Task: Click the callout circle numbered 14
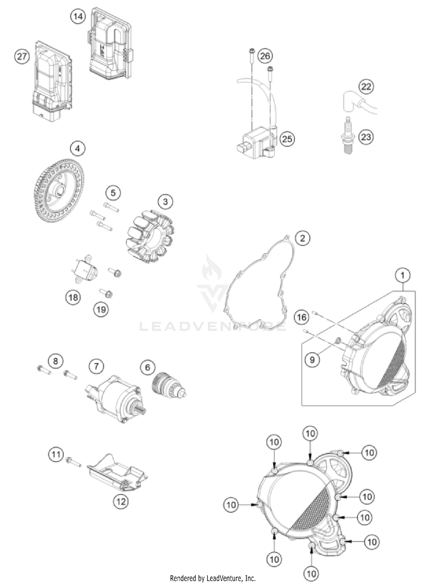[x=78, y=17]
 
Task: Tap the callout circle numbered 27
[x=22, y=57]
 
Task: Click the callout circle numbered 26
[x=265, y=56]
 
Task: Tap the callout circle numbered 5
[x=113, y=193]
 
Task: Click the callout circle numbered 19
[x=101, y=309]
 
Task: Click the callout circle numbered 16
[x=302, y=317]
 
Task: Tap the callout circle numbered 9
[x=312, y=360]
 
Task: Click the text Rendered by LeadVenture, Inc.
[x=213, y=578]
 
